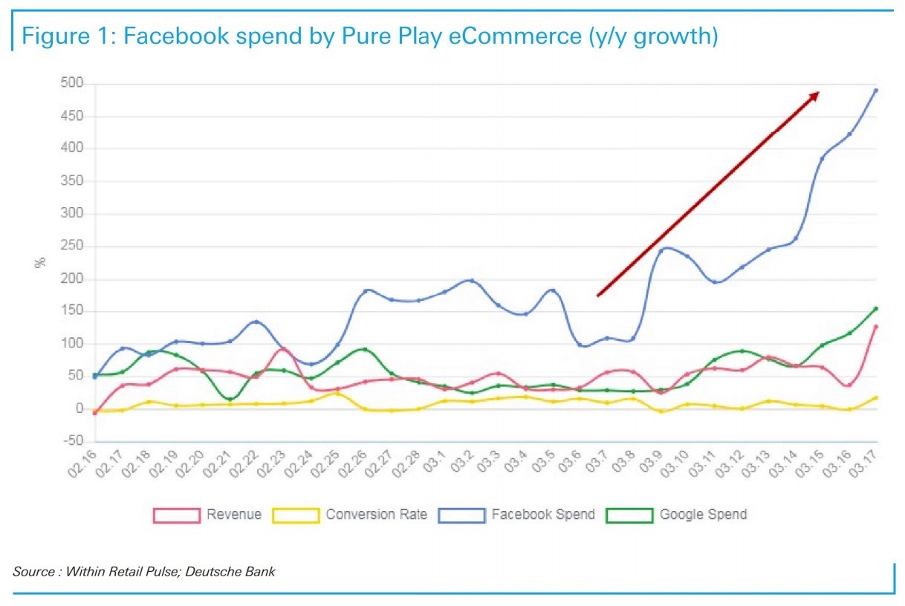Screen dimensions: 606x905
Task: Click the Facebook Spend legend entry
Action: tap(516, 515)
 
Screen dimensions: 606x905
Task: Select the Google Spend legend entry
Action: tap(677, 515)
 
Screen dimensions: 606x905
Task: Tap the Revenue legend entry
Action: tap(207, 515)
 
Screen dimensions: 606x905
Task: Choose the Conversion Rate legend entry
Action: tap(350, 515)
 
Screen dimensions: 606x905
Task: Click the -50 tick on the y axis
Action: tap(71, 441)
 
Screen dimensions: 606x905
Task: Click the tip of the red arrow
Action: tap(819, 92)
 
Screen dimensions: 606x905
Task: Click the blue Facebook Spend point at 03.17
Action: tap(876, 91)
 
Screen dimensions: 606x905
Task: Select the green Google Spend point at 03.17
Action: tap(876, 308)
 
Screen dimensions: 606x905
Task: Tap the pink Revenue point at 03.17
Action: tap(876, 326)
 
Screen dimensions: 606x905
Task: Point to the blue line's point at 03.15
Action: tap(822, 159)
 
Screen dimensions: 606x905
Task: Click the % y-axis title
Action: tap(41, 261)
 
